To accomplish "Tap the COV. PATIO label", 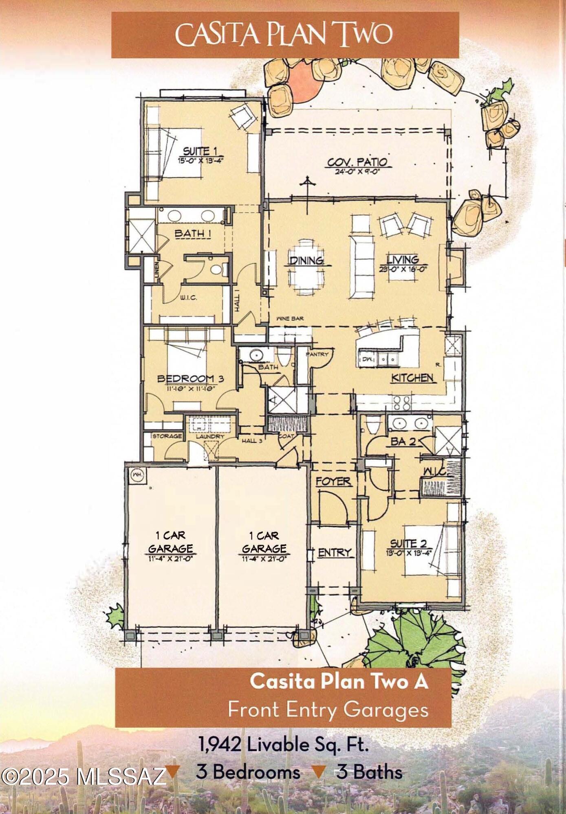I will [x=357, y=162].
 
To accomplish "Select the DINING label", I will [x=306, y=260].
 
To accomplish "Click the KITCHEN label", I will [x=412, y=378].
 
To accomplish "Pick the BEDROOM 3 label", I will [x=190, y=379].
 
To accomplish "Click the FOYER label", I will [x=333, y=481].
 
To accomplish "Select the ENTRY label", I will [x=334, y=552].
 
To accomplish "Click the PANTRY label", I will [x=317, y=354].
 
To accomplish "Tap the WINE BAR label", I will [x=290, y=318].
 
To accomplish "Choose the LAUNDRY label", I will [x=210, y=436].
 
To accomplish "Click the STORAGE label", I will [x=167, y=436].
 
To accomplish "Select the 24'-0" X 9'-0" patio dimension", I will [x=358, y=171].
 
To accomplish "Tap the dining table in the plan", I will [x=306, y=269].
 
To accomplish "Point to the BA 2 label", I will [x=403, y=441].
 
